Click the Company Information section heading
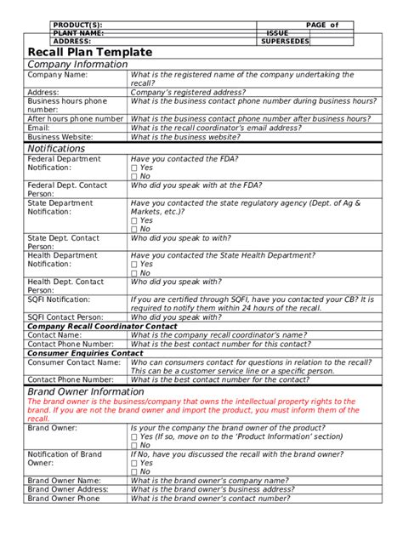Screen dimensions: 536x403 77,65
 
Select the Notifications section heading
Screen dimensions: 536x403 57,149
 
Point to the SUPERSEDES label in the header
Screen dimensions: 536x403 285,41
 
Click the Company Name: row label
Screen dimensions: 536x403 58,75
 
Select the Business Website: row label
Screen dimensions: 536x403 62,137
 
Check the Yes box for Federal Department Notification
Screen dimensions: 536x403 134,168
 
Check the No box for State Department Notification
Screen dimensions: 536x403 134,229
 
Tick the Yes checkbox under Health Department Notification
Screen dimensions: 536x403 134,265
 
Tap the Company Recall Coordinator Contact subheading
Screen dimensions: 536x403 102,326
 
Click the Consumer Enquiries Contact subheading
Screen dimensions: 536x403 85,353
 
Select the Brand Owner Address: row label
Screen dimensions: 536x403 68,490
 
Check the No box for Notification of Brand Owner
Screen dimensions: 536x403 134,472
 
